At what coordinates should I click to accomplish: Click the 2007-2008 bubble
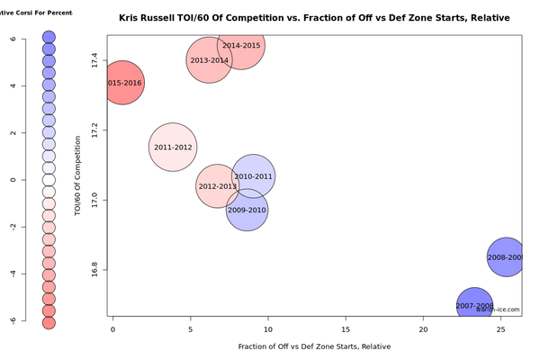point(475,306)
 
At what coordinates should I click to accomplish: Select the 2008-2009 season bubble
point(506,257)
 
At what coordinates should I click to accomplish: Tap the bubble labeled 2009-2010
point(247,210)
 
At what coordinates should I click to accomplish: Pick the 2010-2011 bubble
point(253,176)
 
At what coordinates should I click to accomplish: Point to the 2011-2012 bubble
point(173,147)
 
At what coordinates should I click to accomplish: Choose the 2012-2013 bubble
point(217,186)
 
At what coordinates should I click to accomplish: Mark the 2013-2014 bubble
point(210,59)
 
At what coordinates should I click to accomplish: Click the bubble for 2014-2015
point(241,45)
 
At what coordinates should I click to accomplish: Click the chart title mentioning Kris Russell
point(314,18)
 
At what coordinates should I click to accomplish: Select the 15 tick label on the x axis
point(346,330)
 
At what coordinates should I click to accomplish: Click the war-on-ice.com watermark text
point(498,310)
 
